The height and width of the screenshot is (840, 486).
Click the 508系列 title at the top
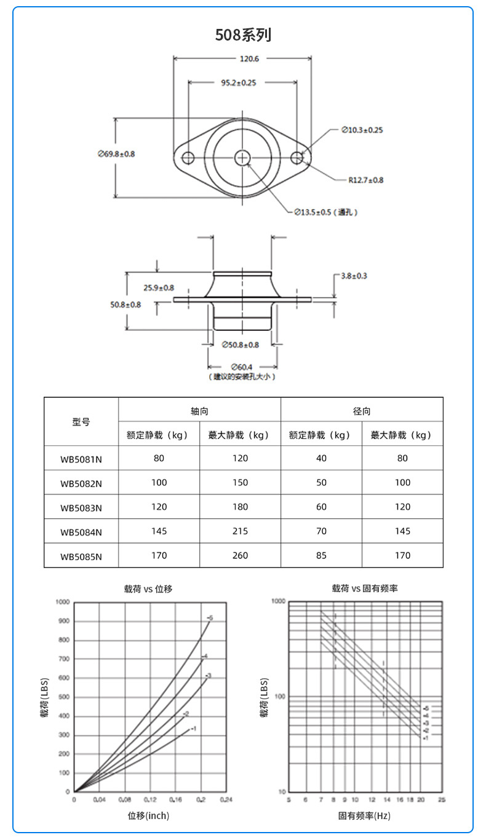242,35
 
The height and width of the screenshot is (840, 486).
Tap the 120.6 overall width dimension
243,59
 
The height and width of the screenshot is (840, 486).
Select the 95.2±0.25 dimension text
239,82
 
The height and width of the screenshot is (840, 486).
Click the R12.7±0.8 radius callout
365,180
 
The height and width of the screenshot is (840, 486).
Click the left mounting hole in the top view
188,157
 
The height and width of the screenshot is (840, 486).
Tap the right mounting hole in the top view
297,157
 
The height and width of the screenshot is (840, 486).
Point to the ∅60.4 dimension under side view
242,367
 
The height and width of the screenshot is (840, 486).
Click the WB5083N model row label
81,507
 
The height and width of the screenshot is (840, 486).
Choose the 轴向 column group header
199,410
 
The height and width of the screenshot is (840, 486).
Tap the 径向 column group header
362,410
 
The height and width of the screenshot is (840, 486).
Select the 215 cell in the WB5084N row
240,531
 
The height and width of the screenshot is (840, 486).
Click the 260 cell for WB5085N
240,555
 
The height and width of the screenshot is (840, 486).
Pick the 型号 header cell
81,422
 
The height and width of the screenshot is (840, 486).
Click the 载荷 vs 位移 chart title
148,588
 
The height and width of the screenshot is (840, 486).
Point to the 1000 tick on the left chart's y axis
63,601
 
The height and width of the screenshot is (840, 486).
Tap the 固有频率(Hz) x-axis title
364,816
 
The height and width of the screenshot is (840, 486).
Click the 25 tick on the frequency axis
442,799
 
